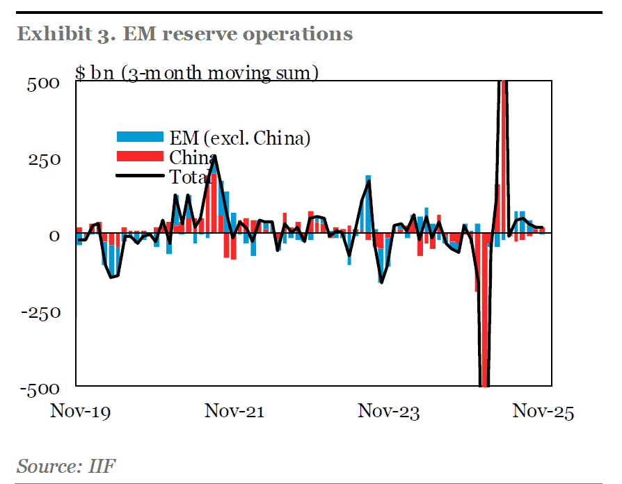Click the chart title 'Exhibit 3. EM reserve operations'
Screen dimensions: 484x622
point(184,33)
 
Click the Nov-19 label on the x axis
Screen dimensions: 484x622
point(81,412)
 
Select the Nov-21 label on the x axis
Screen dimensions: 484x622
point(234,412)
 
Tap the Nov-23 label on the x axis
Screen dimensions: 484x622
point(389,412)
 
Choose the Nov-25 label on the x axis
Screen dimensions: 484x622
point(543,412)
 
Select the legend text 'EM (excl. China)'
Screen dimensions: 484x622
point(239,138)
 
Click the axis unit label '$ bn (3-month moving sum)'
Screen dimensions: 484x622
point(196,72)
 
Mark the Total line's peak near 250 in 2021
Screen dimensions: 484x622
point(214,156)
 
